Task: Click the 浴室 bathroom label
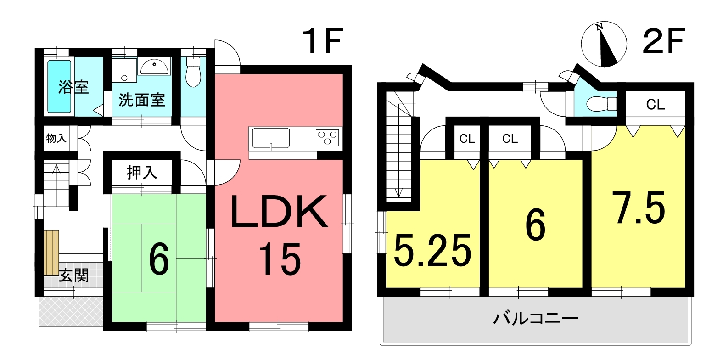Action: click(73, 87)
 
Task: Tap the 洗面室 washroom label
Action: click(141, 100)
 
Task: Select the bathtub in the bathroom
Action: click(60, 87)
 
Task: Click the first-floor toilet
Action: click(194, 73)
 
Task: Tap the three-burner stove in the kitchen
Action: click(328, 137)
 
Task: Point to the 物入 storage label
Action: click(56, 138)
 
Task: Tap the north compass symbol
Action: click(604, 45)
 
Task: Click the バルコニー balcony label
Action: click(535, 318)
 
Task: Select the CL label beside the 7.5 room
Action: click(655, 105)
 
